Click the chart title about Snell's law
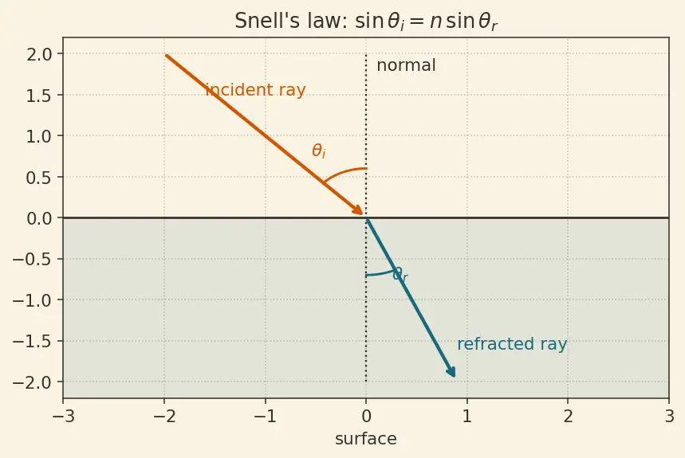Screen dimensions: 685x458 [366, 21]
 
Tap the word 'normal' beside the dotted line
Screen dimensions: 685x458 [406, 65]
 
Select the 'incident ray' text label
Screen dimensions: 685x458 [255, 90]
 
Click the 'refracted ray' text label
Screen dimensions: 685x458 [512, 344]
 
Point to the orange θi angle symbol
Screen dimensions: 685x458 [318, 151]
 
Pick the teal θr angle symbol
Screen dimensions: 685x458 [400, 274]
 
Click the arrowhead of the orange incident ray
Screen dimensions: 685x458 [357, 209]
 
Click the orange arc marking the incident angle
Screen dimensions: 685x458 [344, 171]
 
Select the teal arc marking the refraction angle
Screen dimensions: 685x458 [380, 274]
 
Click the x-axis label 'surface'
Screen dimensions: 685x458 [366, 439]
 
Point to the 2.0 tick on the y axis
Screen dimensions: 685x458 [39, 54]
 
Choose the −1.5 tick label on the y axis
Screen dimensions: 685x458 [32, 341]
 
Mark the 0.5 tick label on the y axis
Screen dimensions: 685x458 [39, 177]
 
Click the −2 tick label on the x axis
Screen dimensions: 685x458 [165, 417]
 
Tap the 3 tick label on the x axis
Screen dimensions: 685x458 [669, 417]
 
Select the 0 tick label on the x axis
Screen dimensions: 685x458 [366, 417]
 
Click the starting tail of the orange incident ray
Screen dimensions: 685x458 [166, 55]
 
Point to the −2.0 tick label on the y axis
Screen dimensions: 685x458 [32, 382]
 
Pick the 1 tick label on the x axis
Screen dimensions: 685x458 [467, 417]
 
